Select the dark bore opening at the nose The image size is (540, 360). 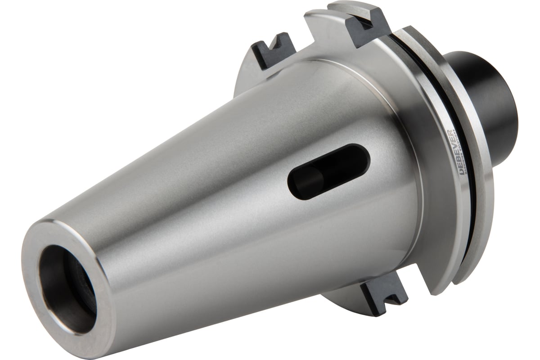(x=67, y=288)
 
